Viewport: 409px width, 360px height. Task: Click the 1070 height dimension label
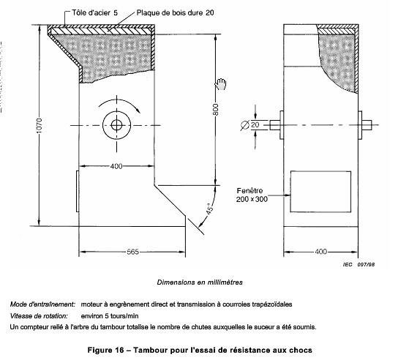[39, 125]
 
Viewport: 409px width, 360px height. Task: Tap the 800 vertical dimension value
[215, 110]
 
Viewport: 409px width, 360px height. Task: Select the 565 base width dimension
[132, 252]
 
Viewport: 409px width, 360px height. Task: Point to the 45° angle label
[209, 209]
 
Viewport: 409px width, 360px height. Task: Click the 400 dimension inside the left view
[116, 166]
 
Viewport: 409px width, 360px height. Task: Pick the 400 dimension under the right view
[321, 252]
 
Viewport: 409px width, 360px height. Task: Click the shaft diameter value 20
[255, 125]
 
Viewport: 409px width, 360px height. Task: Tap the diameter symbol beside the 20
[244, 125]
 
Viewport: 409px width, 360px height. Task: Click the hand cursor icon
[221, 84]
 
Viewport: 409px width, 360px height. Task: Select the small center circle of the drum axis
[116, 125]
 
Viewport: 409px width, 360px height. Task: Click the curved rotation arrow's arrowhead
[138, 110]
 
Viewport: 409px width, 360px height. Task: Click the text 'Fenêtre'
[249, 191]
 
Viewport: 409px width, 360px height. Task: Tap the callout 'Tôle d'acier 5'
[94, 12]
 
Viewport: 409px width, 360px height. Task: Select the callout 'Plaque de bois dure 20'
[176, 12]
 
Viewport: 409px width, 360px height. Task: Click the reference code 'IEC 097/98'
[359, 265]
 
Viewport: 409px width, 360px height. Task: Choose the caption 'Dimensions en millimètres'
[200, 282]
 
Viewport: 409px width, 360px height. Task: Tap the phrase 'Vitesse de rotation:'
[39, 316]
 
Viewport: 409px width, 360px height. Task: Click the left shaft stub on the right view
[275, 125]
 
